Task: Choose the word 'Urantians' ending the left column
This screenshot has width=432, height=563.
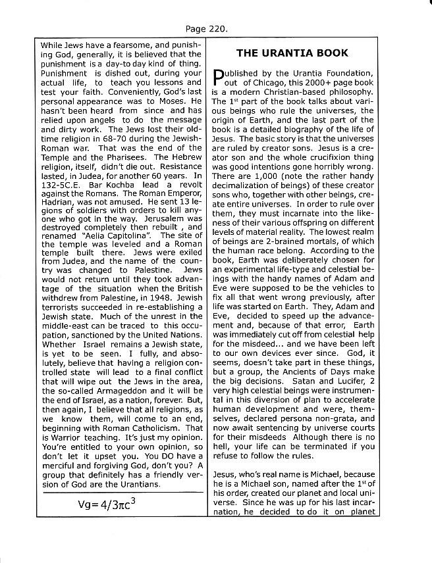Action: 137,484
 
